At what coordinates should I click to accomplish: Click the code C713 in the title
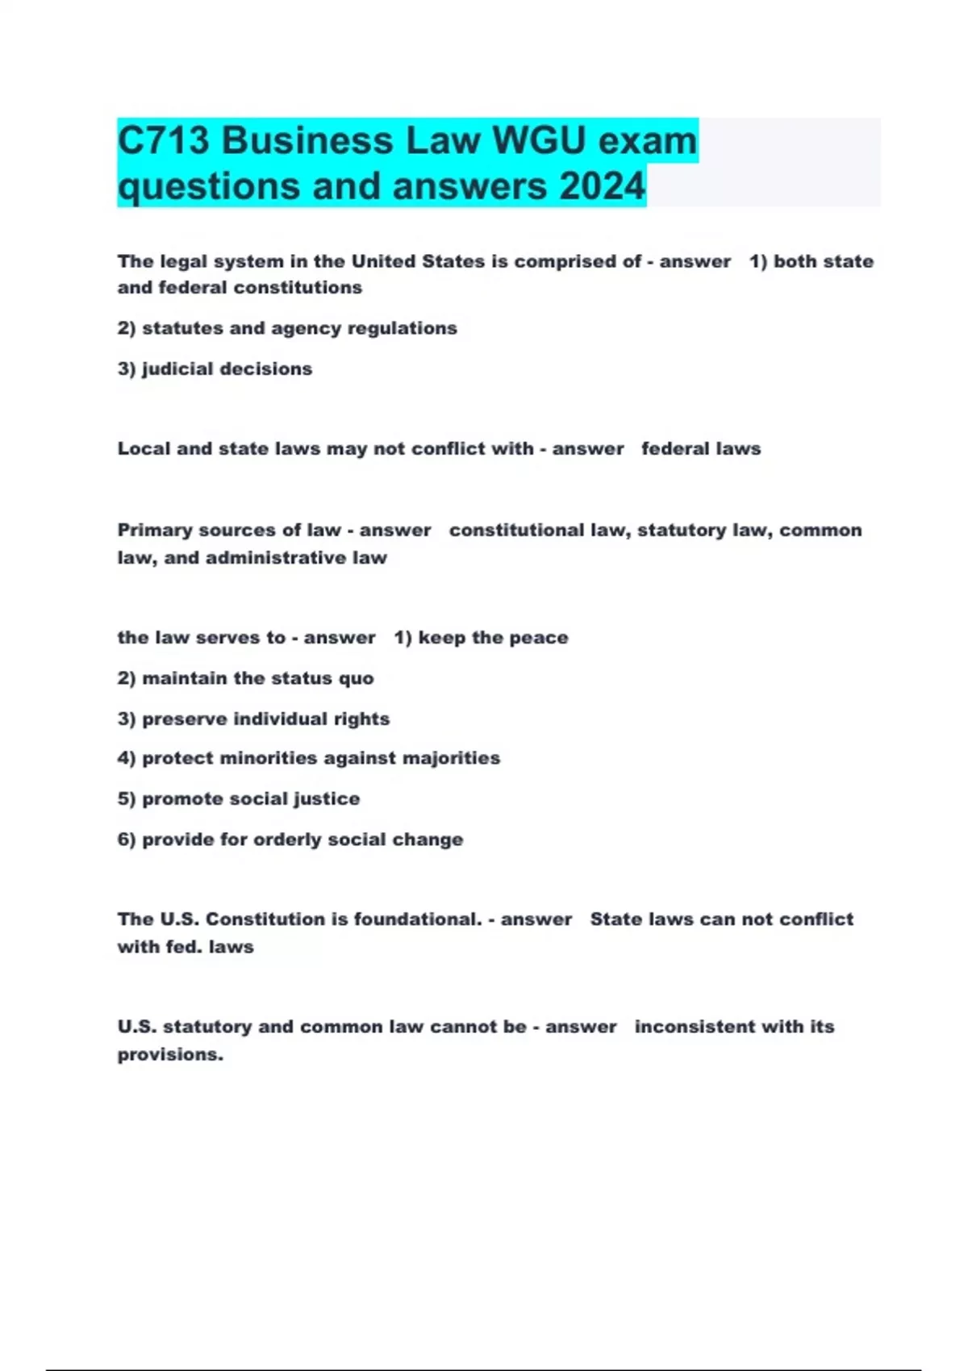[164, 141]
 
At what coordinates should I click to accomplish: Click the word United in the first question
[384, 261]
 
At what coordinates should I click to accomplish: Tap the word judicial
[177, 369]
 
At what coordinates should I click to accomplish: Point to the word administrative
[276, 558]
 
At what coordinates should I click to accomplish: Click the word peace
[540, 638]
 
